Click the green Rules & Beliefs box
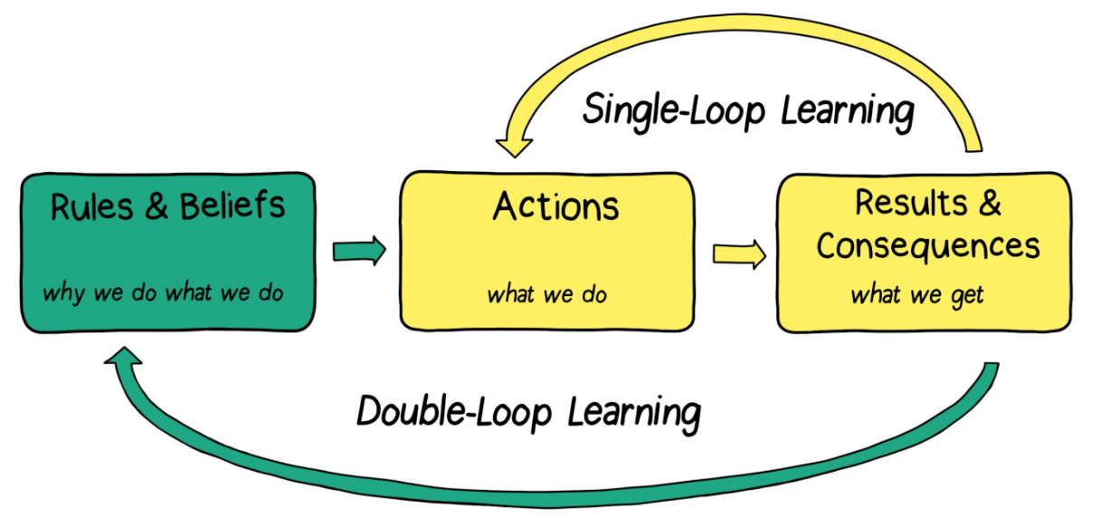(x=168, y=252)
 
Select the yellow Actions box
(x=546, y=252)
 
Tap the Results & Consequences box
(x=924, y=252)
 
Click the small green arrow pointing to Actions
(x=359, y=251)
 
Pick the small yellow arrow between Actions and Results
(x=738, y=254)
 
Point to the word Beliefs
(x=232, y=207)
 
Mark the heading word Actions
(x=555, y=207)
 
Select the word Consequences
(x=928, y=245)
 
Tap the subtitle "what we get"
(x=916, y=295)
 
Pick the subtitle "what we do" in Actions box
(x=546, y=294)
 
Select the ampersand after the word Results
(x=989, y=203)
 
